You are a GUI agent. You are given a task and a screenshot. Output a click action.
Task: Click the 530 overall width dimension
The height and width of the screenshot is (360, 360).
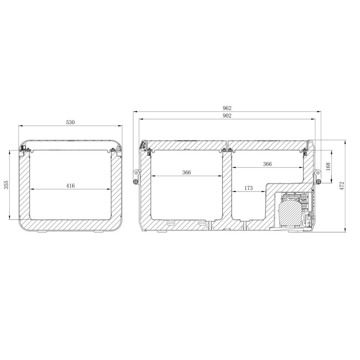[x=70, y=122]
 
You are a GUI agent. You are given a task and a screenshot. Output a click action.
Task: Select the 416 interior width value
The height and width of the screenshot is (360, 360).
[x=70, y=186]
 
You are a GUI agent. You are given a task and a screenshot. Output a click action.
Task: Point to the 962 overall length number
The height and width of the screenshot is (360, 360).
[x=227, y=108]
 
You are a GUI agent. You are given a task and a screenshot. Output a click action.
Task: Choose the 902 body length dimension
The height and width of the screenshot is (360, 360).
[x=227, y=116]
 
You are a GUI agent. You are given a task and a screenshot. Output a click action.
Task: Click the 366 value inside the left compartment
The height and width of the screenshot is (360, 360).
[x=186, y=172]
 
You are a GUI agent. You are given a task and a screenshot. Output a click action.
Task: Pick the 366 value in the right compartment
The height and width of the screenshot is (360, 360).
[x=267, y=164]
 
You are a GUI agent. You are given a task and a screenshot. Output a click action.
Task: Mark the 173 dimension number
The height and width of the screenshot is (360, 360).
[x=248, y=188]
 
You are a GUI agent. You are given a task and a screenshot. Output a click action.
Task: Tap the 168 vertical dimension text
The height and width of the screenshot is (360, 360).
[x=328, y=167]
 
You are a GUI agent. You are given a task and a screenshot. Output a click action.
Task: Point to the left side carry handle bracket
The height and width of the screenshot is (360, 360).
[x=136, y=176]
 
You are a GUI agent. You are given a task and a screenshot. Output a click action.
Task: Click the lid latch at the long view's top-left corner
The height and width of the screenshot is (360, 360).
[x=143, y=144]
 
